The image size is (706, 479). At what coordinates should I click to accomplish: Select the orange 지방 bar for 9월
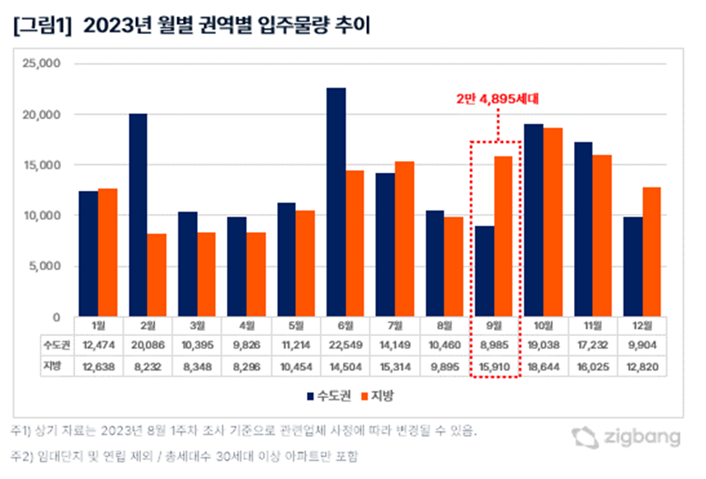502,236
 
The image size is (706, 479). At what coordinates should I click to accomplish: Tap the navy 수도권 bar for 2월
138,215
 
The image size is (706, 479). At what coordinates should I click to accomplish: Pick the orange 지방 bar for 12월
652,252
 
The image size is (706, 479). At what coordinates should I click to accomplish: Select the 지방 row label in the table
54,364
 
